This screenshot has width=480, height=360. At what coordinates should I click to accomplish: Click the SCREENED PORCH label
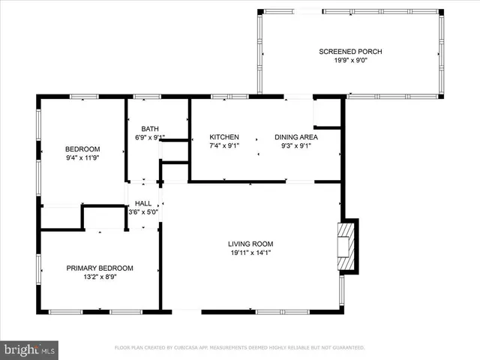click(x=350, y=51)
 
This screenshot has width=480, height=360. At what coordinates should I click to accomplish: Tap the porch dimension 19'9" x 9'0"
click(x=350, y=61)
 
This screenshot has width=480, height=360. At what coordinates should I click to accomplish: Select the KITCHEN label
click(x=224, y=136)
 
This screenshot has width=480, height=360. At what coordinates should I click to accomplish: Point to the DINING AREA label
click(x=296, y=136)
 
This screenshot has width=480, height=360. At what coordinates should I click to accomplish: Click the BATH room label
click(x=150, y=128)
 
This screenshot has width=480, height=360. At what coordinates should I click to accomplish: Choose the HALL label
click(x=143, y=203)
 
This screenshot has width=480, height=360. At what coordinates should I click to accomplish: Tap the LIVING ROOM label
click(x=250, y=244)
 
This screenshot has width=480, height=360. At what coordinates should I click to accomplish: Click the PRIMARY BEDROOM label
click(x=100, y=268)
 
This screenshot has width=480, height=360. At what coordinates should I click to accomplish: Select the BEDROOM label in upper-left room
click(x=82, y=148)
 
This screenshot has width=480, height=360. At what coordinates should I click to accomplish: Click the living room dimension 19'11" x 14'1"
click(x=250, y=253)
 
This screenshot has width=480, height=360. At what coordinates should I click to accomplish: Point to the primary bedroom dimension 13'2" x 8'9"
click(x=100, y=277)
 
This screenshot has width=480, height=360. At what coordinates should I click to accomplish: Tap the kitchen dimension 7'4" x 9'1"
click(x=224, y=146)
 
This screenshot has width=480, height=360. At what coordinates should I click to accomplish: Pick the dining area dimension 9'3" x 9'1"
click(x=296, y=146)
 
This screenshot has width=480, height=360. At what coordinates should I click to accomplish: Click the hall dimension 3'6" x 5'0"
click(x=143, y=213)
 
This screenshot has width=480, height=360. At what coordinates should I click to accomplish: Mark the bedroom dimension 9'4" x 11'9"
click(x=82, y=158)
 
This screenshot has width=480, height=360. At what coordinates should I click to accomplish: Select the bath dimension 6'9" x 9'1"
click(x=150, y=138)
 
